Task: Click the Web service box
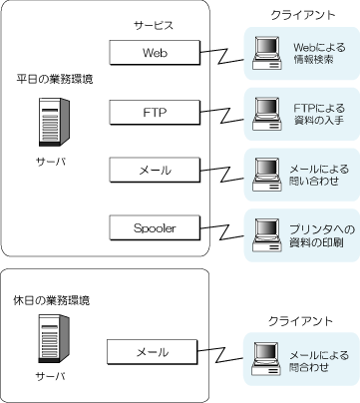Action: pyautogui.click(x=155, y=53)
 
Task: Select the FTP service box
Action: pyautogui.click(x=155, y=113)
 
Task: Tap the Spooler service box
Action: pyautogui.click(x=155, y=228)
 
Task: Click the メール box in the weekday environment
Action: pyautogui.click(x=155, y=171)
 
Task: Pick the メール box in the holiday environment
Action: pyautogui.click(x=153, y=352)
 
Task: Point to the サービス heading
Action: pyautogui.click(x=154, y=26)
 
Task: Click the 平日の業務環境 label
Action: pyautogui.click(x=55, y=79)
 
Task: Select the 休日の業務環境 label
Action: pyautogui.click(x=52, y=300)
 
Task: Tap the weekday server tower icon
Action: pyautogui.click(x=54, y=122)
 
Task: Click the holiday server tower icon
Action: pyautogui.click(x=54, y=339)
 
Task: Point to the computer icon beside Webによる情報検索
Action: pyautogui.click(x=266, y=53)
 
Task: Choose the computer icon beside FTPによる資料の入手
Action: pyautogui.click(x=266, y=114)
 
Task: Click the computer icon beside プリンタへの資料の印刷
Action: pyautogui.click(x=266, y=235)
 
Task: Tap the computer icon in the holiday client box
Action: pyautogui.click(x=266, y=358)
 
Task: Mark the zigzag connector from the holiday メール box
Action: pyautogui.click(x=219, y=355)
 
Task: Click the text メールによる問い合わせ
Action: pyautogui.click(x=319, y=175)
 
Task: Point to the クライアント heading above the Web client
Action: pyautogui.click(x=303, y=15)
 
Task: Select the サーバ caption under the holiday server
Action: pyautogui.click(x=51, y=376)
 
